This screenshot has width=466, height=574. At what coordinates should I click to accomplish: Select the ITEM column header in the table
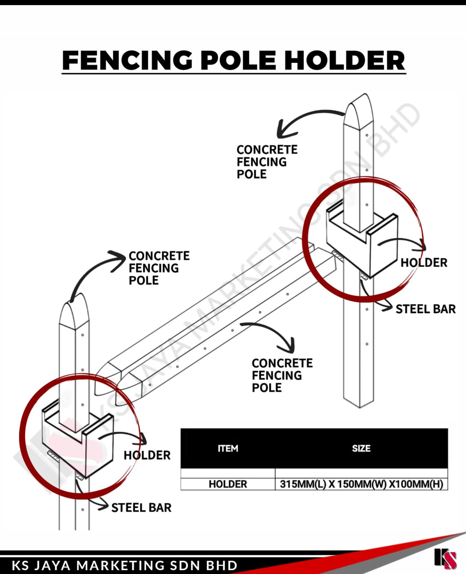click(228, 449)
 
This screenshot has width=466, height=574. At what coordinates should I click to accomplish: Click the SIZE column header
click(361, 449)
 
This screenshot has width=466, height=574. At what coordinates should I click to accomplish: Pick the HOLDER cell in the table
click(228, 484)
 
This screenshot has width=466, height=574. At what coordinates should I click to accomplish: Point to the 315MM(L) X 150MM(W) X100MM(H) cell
click(361, 484)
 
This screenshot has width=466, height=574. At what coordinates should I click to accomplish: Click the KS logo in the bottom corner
click(445, 558)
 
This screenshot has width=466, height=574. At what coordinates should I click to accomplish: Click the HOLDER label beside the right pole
click(424, 263)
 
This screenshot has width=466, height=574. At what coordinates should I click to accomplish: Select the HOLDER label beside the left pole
click(147, 455)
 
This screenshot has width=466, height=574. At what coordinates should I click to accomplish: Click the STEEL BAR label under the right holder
click(425, 309)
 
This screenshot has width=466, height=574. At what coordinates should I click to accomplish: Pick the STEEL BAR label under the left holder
click(141, 507)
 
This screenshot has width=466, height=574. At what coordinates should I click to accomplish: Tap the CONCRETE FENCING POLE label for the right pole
click(267, 162)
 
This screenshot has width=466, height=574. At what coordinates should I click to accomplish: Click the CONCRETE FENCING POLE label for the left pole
click(159, 268)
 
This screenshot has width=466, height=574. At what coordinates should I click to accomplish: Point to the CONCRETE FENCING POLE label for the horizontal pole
click(282, 375)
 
